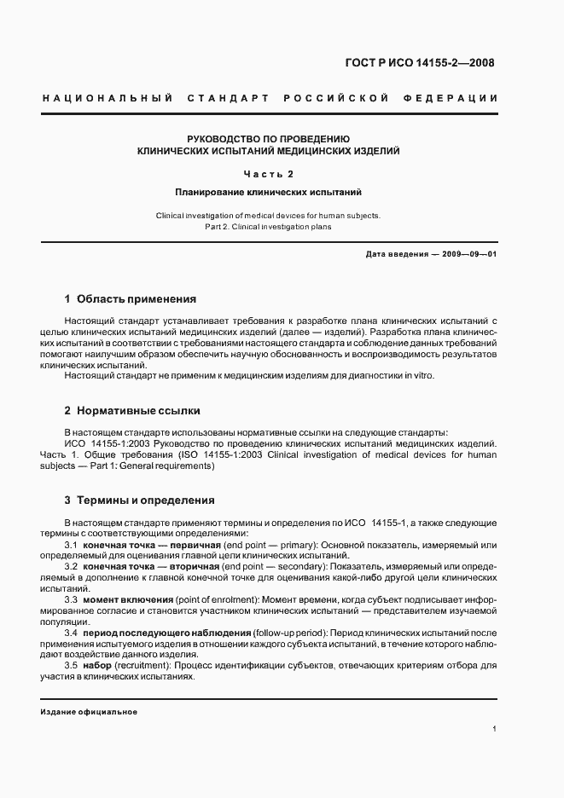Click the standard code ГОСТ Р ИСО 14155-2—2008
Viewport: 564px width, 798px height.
coord(419,62)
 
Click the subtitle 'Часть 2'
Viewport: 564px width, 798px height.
coord(268,174)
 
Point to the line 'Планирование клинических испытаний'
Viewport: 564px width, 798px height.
coord(268,193)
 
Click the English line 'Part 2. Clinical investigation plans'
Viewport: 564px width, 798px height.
coord(268,227)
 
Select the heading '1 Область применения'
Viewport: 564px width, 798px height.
coord(131,299)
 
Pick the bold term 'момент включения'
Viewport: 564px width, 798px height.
coord(130,599)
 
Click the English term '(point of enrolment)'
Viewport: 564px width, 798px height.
coord(215,599)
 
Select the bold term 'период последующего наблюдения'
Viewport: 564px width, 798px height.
coord(167,633)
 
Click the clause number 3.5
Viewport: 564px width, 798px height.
coord(72,666)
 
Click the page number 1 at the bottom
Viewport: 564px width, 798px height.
coord(495,729)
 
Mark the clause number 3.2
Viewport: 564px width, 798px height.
coord(72,566)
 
